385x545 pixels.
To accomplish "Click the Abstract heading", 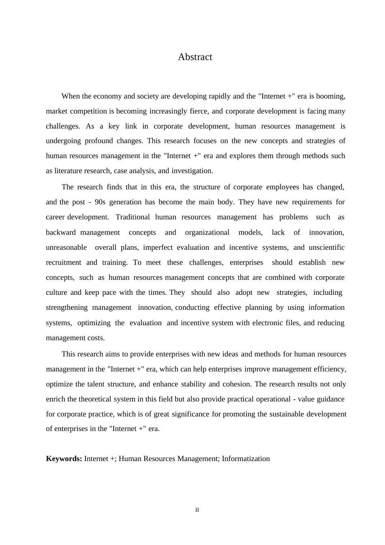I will (195, 57).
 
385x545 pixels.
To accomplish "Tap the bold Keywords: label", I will (64, 459).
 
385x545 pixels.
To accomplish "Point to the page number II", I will (197, 510).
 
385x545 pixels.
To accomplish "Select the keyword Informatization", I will (246, 459).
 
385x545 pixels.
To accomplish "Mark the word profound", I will (99, 141).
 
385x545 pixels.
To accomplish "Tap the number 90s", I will (100, 202).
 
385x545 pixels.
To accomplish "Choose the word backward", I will (61, 232).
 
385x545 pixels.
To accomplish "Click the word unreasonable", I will (66, 247).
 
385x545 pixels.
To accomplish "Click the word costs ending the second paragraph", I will (96, 338).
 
